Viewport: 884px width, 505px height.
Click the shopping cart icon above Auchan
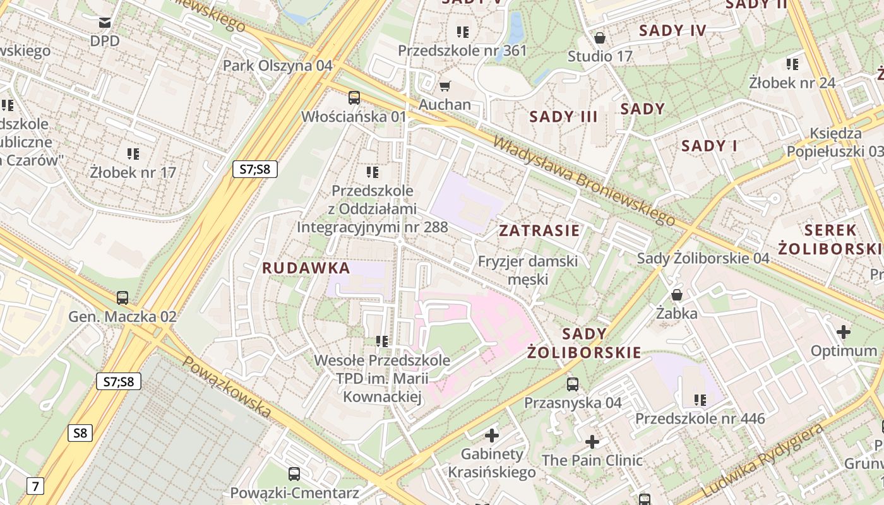point(445,86)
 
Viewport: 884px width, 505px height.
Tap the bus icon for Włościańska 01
point(354,98)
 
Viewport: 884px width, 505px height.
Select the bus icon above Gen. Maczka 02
point(122,297)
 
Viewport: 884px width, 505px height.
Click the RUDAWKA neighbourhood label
point(306,268)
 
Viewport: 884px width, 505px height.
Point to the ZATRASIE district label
point(539,230)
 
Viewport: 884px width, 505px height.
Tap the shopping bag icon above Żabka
point(677,295)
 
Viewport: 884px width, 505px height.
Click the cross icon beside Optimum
point(844,332)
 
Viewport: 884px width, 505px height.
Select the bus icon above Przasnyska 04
point(573,384)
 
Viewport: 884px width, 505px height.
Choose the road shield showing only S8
point(80,433)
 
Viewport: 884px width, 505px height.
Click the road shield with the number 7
point(35,486)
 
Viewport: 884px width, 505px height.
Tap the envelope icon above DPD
point(105,23)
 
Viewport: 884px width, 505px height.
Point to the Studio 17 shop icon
point(600,38)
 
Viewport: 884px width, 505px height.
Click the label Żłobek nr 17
point(133,172)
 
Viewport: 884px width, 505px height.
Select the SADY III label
point(563,117)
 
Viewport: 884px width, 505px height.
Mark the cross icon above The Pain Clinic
point(592,442)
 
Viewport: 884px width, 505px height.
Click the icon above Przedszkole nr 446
point(700,400)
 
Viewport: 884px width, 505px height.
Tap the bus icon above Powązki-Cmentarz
point(294,474)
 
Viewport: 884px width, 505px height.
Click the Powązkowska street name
point(227,387)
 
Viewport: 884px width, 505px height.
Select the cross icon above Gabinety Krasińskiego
point(492,435)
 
